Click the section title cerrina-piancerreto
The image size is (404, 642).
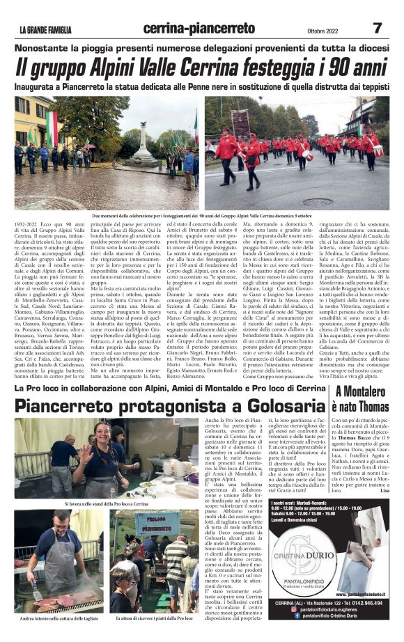(x=199, y=29)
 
